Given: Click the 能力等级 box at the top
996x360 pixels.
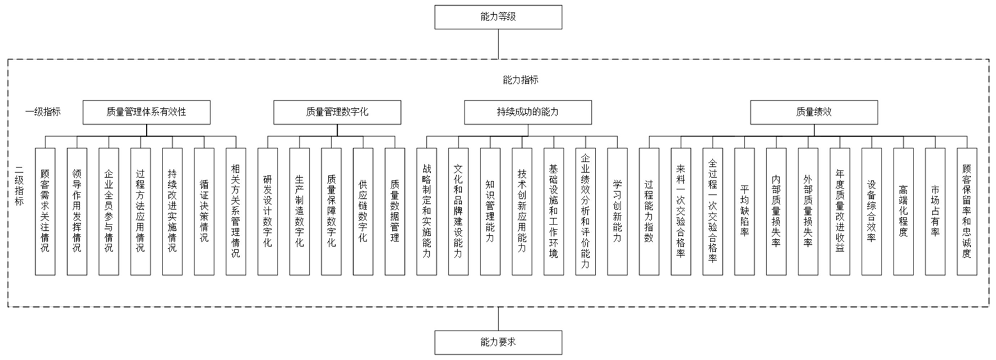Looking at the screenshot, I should tap(498, 17).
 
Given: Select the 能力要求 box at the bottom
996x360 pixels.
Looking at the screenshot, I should tap(498, 342).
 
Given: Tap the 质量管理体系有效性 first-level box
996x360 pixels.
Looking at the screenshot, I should tap(146, 112).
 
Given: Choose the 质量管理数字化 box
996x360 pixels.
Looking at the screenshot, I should tap(337, 112).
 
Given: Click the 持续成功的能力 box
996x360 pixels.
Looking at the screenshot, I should tap(528, 112).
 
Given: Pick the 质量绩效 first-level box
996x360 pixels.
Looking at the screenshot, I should tap(814, 112).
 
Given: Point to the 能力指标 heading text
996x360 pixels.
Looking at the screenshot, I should tap(520, 80).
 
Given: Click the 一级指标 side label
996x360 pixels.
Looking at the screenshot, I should tap(43, 112).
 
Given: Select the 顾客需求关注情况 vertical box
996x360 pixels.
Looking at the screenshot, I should tap(45, 211).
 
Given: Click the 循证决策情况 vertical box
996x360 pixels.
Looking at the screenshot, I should tap(204, 211).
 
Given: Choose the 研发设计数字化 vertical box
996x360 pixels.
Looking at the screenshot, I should tap(267, 211).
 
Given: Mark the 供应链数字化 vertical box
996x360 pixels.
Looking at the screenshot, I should tap(363, 211).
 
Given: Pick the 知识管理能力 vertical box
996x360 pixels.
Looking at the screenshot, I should tap(490, 211).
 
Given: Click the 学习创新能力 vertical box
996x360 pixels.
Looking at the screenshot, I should tap(617, 211).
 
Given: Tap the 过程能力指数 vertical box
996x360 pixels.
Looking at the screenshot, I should tap(649, 211).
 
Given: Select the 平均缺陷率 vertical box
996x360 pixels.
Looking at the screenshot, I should tap(744, 211).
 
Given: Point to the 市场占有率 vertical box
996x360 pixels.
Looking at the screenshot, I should tap(935, 211).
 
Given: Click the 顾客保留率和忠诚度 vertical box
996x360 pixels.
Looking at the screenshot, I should tap(967, 211).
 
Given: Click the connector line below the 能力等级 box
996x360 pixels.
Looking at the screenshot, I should tap(498, 44).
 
